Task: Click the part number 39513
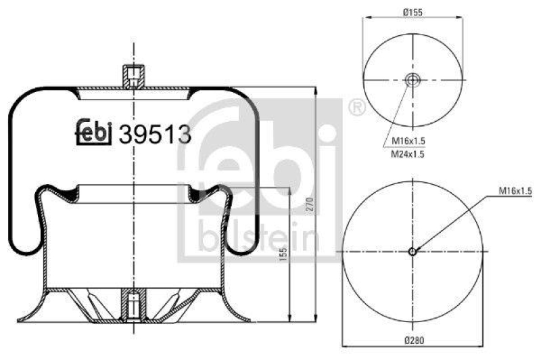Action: (155, 135)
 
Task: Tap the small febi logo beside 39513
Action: (93, 132)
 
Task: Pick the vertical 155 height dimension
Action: (283, 254)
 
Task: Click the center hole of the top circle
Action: (412, 81)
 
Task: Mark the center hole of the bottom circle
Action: (412, 252)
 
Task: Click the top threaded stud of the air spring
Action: (134, 75)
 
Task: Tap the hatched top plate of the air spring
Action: (101, 89)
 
